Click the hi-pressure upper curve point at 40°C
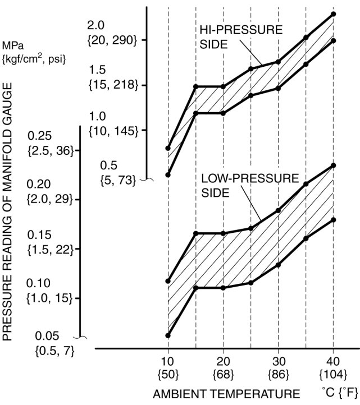(333, 14)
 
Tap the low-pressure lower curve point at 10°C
(168, 335)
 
